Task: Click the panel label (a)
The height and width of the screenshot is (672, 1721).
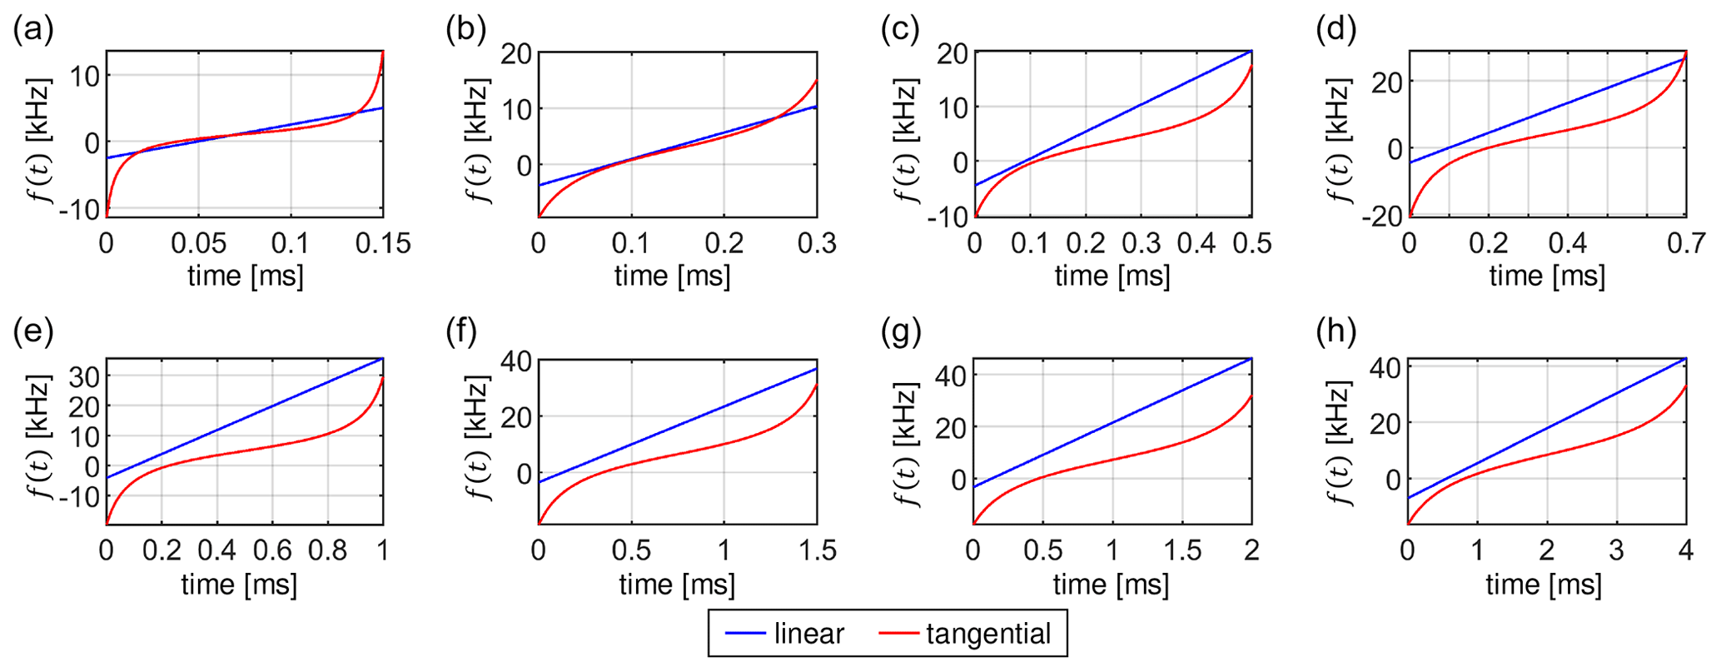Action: coord(33,30)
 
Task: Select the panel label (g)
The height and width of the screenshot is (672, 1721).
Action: coord(902,332)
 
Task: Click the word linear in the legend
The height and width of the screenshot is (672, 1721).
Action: coord(808,634)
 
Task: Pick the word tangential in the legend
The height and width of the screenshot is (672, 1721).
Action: coord(988,634)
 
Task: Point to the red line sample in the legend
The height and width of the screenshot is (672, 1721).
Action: coord(899,634)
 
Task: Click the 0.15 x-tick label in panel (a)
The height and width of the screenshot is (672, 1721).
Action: coord(383,243)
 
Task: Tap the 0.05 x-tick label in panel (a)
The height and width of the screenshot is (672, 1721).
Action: coord(198,243)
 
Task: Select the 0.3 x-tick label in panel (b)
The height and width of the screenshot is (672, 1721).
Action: coord(817,243)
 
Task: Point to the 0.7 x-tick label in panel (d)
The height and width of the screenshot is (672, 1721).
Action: coord(1686,243)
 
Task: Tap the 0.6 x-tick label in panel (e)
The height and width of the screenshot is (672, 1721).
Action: coord(272,550)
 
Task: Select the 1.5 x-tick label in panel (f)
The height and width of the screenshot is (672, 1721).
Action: coord(817,550)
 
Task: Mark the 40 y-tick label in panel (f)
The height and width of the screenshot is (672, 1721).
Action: coord(515,361)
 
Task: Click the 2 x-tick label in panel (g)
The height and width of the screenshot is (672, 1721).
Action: coord(1251,550)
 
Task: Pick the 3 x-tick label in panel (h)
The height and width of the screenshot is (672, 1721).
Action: coord(1616,550)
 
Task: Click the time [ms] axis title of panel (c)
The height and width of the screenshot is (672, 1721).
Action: coord(1112,276)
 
